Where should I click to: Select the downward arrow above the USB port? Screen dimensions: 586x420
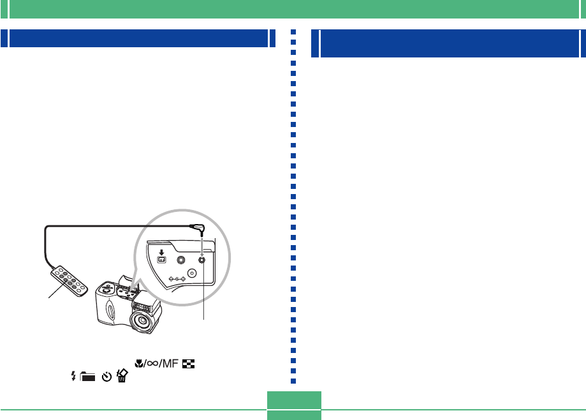[161, 250]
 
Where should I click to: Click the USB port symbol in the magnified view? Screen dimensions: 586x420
[161, 260]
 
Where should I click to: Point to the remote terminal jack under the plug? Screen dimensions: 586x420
[201, 259]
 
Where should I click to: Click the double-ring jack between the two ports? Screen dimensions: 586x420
[181, 260]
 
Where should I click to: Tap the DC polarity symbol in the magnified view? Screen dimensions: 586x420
[176, 279]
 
